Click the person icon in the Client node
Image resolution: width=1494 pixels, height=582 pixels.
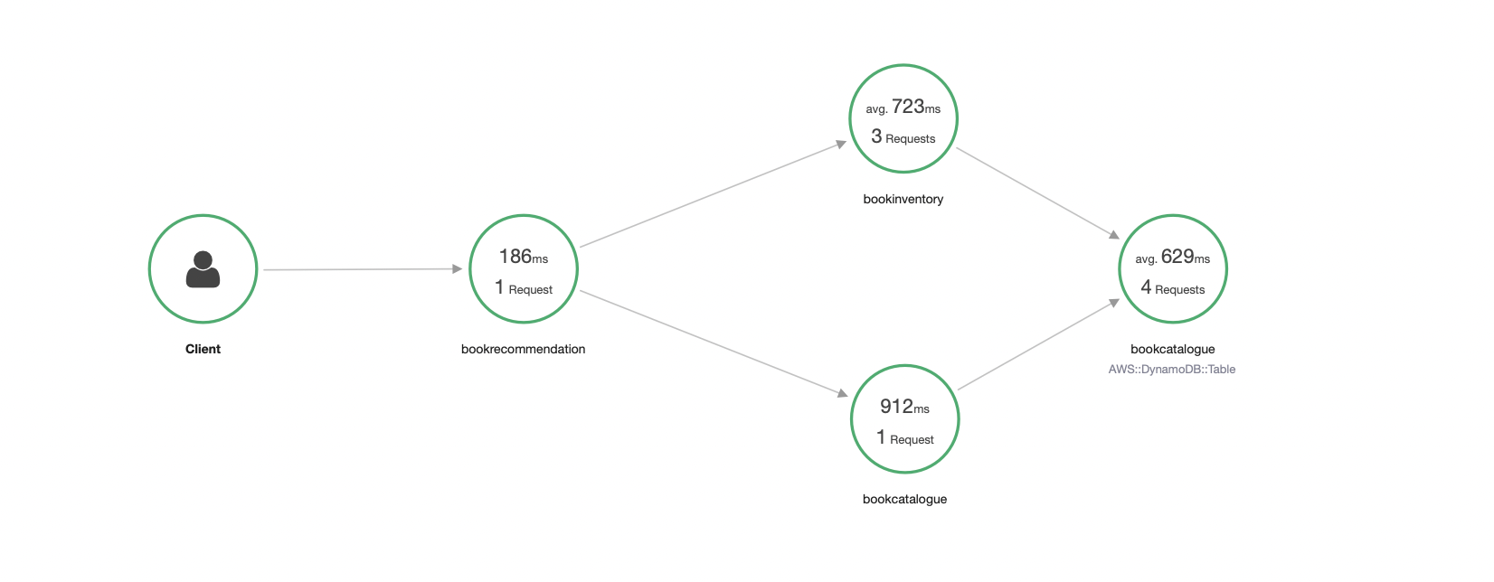pos(203,269)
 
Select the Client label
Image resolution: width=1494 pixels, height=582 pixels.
pos(203,349)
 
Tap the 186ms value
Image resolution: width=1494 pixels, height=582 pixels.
pos(524,257)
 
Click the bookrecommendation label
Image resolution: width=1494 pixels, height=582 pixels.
pos(523,349)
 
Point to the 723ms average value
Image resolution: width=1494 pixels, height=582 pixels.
pos(903,107)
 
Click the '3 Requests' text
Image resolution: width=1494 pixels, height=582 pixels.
pos(903,137)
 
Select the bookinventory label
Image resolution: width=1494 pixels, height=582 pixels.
pos(903,199)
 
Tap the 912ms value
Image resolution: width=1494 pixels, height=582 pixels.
pos(904,407)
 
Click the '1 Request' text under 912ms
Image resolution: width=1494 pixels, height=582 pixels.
pos(904,438)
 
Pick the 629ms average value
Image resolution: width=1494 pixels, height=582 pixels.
pos(1173,257)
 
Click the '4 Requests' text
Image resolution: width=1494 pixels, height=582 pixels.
pos(1173,288)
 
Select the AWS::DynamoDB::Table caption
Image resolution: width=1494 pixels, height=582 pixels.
pos(1172,369)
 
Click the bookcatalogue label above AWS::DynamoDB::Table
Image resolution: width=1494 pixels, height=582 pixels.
pos(1173,349)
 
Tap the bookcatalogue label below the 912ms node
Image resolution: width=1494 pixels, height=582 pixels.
pos(904,499)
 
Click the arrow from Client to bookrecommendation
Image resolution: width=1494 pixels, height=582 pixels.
pos(363,269)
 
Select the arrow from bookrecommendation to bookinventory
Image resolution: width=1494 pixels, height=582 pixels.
pos(713,194)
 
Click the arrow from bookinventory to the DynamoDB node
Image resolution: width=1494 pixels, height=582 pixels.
pos(1038,192)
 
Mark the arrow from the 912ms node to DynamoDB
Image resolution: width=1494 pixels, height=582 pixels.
pos(1038,344)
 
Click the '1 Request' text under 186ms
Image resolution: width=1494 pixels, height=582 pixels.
pos(524,288)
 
